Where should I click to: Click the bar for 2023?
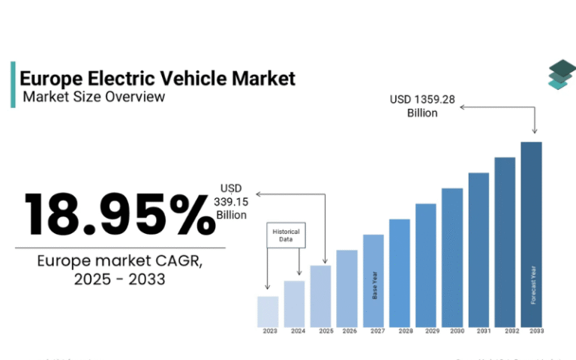268,312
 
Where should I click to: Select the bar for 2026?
346,289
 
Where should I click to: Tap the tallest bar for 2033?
531,235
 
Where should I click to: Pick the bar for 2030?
452,258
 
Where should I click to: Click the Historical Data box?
285,235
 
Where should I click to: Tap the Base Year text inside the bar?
374,286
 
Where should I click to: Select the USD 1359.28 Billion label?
422,106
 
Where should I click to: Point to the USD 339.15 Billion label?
231,201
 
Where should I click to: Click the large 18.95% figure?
118,214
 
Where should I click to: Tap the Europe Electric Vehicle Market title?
157,78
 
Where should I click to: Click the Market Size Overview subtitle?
94,97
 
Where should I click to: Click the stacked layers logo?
559,74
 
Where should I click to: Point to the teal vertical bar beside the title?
13,85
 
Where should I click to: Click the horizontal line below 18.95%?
120,247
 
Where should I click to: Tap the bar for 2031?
478,250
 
